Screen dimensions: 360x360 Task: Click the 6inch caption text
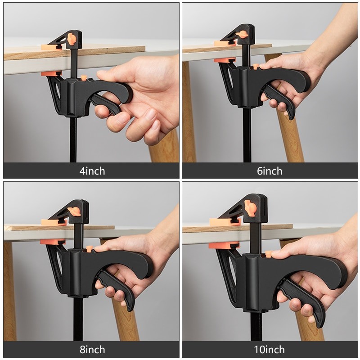[270, 171]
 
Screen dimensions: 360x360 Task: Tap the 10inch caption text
[270, 350]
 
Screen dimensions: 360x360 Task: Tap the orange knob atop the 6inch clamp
[243, 34]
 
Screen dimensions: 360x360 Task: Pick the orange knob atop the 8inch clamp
[74, 211]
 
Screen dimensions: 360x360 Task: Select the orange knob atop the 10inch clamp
[250, 207]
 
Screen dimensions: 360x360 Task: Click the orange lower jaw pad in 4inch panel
[51, 74]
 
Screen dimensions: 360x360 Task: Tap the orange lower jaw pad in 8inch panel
[52, 242]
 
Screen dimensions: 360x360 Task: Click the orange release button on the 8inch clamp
[90, 248]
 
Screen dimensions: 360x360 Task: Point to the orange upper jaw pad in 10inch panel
[224, 222]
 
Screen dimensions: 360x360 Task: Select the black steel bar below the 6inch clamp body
[247, 135]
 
